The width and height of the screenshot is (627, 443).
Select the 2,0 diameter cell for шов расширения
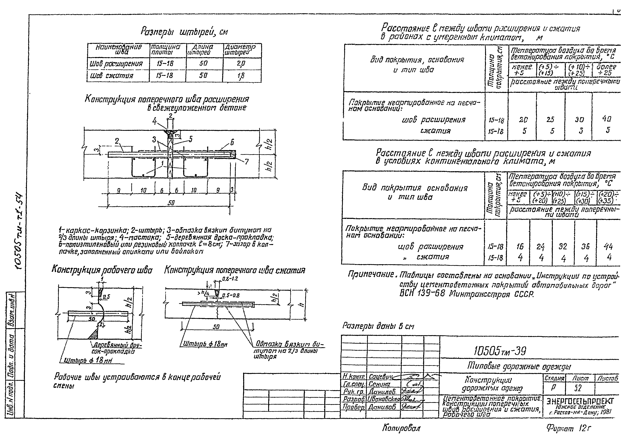coord(241,64)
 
